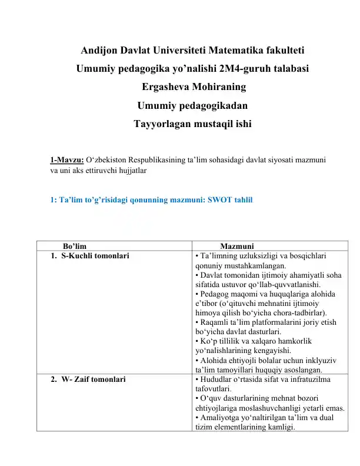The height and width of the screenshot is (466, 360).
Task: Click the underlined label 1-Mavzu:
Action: pos(67,159)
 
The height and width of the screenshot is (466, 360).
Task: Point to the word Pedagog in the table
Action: pos(213,293)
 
